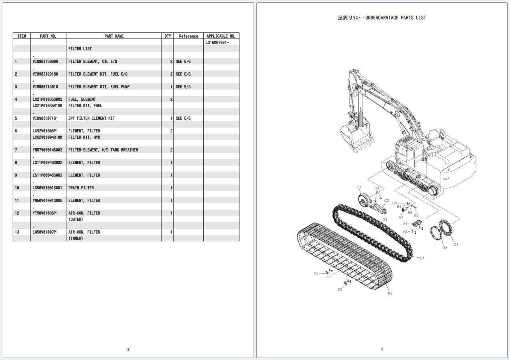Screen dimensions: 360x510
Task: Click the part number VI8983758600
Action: [x=45, y=62]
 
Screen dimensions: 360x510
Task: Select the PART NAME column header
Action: [x=114, y=36]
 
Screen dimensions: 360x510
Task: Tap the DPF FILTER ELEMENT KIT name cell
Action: [x=92, y=118]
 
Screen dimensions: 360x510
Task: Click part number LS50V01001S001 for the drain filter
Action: [x=47, y=188]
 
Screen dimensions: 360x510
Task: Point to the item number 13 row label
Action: [x=17, y=232]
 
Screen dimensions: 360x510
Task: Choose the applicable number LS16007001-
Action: [x=217, y=42]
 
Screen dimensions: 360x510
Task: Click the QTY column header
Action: [x=168, y=36]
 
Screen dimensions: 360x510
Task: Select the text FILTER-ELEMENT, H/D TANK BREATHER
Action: [x=103, y=150]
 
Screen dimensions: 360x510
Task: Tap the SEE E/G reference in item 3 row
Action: [x=183, y=87]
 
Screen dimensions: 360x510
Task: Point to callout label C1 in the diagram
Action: [x=359, y=187]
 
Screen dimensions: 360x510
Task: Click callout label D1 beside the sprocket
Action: [x=456, y=244]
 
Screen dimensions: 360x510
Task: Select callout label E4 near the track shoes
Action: [x=390, y=294]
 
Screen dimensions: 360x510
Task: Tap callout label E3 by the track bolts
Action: [x=316, y=274]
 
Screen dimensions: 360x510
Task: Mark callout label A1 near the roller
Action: [x=405, y=224]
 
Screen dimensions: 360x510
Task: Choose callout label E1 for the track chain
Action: [x=422, y=258]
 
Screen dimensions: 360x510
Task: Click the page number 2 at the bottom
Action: [x=128, y=350]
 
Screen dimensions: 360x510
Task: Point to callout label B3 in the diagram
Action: [x=394, y=203]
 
